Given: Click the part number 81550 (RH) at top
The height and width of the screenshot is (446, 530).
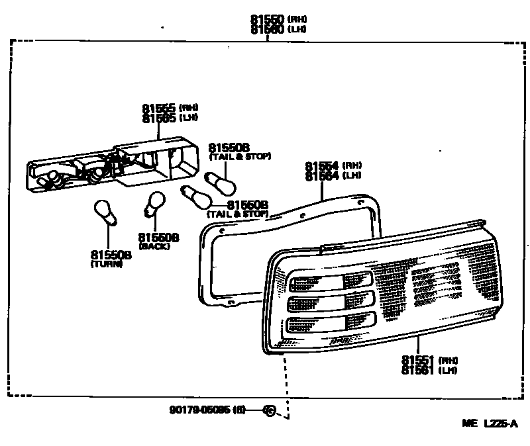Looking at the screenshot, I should click(x=268, y=20).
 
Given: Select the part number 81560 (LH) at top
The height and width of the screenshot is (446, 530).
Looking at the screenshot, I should click(x=268, y=30).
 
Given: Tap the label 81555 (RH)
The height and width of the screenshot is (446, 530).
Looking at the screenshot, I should click(x=159, y=108).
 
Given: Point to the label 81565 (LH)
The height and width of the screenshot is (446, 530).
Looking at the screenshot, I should click(x=159, y=118).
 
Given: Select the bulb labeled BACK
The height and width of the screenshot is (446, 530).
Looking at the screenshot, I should click(x=155, y=202).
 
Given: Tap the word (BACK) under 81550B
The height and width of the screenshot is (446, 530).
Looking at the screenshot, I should click(x=154, y=246).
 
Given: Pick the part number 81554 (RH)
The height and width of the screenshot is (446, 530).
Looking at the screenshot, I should click(x=322, y=165).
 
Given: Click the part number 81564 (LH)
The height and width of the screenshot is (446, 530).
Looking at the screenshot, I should click(x=322, y=175).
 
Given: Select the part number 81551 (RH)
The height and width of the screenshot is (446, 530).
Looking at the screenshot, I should click(x=418, y=360).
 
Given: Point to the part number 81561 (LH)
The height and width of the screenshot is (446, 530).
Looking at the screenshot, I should click(x=418, y=370).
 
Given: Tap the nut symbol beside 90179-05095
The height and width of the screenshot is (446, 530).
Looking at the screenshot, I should click(x=269, y=410).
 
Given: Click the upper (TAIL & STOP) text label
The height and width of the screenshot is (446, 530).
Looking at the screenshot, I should click(x=240, y=157).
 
